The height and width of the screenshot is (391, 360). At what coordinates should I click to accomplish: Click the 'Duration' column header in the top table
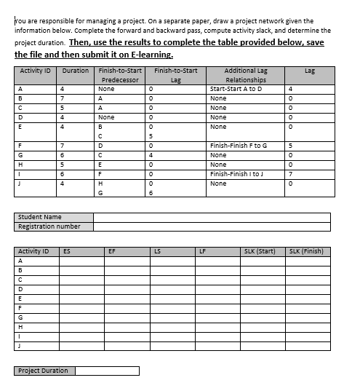point(76,71)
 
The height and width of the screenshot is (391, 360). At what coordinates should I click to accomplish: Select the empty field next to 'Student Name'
point(211,217)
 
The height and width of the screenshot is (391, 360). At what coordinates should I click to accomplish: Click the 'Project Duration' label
point(44,371)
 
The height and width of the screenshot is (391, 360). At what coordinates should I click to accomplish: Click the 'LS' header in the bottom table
point(156,251)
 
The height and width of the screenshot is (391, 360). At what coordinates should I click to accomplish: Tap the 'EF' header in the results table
point(111,251)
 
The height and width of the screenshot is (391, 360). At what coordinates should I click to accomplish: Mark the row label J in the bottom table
point(20,346)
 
